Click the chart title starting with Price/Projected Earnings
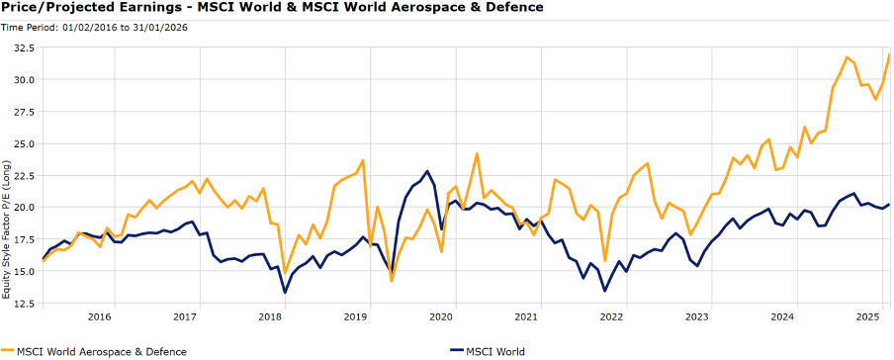coord(272,8)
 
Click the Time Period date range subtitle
coord(96,27)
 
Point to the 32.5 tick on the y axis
coord(23,47)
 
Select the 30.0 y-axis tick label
coord(23,79)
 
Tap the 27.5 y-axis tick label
coord(23,112)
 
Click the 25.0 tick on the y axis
coord(23,143)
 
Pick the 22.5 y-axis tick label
coord(23,175)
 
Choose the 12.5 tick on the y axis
coord(23,304)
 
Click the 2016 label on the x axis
coord(99,317)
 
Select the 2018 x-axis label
coord(270,317)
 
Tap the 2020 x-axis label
coord(441,317)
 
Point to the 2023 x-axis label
coord(697,317)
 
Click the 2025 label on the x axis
coord(868,317)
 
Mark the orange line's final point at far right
coord(889,54)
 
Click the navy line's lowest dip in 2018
coord(285,292)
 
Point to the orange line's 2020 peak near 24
coord(477,154)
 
